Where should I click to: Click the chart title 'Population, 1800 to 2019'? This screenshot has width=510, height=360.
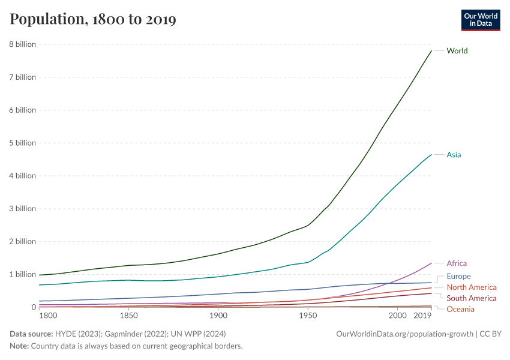(x=93, y=19)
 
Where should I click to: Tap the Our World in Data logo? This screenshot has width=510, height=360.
(x=480, y=20)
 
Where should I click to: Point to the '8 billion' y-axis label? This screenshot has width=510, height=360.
(x=22, y=44)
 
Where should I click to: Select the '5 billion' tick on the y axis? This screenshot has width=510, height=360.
(x=22, y=143)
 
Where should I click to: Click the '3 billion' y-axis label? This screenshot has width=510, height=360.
(x=22, y=209)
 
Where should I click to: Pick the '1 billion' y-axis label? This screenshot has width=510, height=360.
(x=22, y=274)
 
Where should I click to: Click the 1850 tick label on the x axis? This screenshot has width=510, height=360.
(x=128, y=316)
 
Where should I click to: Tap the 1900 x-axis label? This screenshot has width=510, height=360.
(x=218, y=316)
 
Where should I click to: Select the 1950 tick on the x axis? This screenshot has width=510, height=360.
(x=308, y=316)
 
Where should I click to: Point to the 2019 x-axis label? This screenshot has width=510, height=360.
(x=423, y=316)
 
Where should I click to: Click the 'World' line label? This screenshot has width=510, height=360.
(x=457, y=51)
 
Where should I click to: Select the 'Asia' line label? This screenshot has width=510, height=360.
(x=454, y=155)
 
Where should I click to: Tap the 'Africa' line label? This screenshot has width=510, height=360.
(x=457, y=263)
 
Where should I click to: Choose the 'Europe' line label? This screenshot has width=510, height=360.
(x=458, y=277)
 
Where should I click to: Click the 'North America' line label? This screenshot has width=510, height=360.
(x=472, y=287)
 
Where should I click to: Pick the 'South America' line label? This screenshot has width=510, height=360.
(x=472, y=298)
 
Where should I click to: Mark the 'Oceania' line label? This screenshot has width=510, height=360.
(x=460, y=309)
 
